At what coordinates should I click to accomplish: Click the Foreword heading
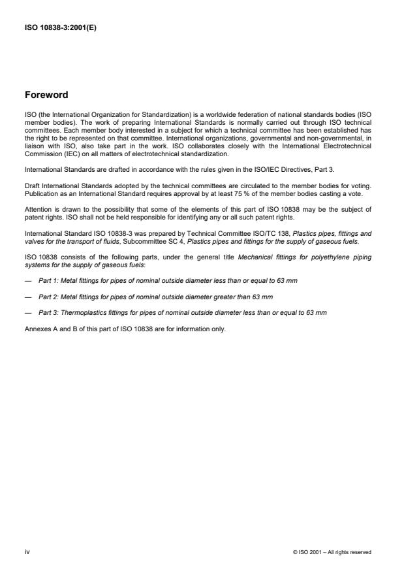click(x=46, y=95)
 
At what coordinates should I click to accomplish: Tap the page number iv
click(x=27, y=552)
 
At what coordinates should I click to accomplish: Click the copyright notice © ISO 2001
click(x=332, y=552)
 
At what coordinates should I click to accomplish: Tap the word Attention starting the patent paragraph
click(x=37, y=210)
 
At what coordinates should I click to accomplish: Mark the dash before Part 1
click(x=27, y=280)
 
